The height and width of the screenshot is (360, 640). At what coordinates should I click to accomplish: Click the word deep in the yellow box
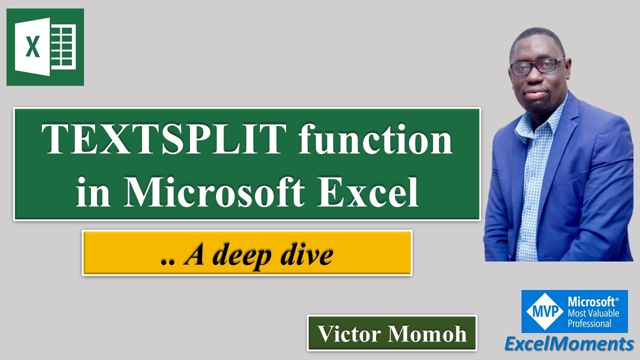click(x=242, y=255)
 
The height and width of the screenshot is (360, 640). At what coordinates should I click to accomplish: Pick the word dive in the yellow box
click(x=306, y=255)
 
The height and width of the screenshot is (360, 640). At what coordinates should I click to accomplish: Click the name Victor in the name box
click(x=351, y=333)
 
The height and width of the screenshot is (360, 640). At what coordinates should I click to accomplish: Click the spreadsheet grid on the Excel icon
click(x=63, y=47)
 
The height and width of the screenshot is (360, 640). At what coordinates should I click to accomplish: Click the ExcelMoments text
click(x=568, y=344)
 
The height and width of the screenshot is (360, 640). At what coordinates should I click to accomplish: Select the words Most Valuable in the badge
click(x=593, y=313)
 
